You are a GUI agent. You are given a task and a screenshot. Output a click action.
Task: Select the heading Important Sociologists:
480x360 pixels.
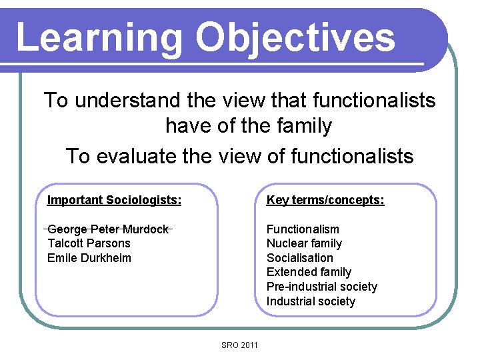click(x=114, y=200)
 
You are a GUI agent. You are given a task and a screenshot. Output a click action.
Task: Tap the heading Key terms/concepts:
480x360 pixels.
click(x=325, y=200)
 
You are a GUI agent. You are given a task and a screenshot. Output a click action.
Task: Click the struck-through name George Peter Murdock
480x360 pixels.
click(x=108, y=229)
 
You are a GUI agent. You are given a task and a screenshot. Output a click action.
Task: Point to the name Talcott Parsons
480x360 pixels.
click(x=89, y=243)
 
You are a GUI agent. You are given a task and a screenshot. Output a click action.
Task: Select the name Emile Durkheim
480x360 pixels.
click(x=89, y=258)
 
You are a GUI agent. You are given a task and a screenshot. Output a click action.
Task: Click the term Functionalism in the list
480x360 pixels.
click(x=303, y=229)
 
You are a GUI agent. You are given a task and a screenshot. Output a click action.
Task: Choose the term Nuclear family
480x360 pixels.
click(x=304, y=243)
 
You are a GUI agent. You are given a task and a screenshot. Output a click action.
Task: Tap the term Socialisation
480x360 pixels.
click(x=299, y=258)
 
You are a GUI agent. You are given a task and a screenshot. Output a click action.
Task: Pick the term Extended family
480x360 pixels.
click(x=309, y=272)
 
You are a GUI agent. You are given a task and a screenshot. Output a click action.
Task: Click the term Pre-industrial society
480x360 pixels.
click(x=321, y=287)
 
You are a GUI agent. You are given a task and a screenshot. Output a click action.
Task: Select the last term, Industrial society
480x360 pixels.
click(x=311, y=301)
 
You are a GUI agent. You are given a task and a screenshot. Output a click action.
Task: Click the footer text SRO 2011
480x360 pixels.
click(x=239, y=345)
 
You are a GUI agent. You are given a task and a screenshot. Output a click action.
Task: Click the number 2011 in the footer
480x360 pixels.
click(x=248, y=345)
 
